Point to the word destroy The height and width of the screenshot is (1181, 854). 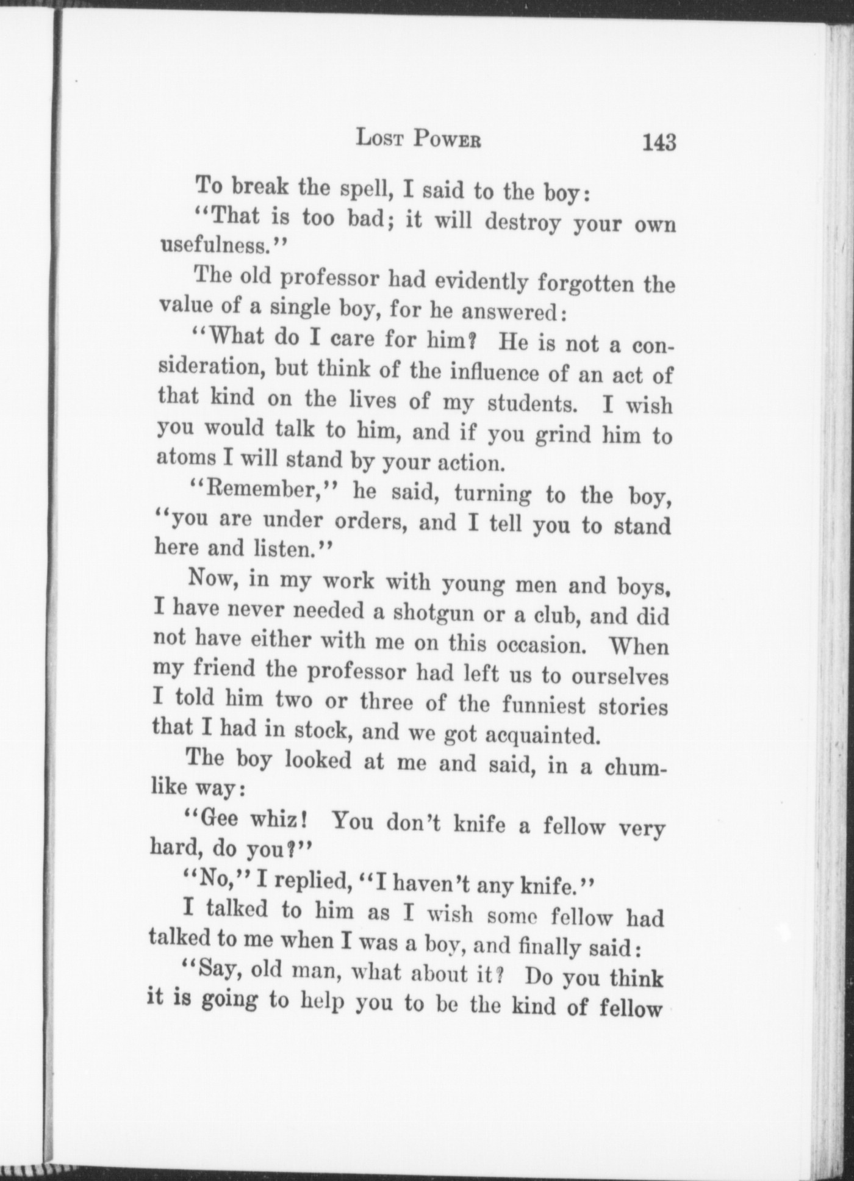tap(522, 223)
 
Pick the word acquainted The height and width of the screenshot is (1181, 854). tap(541, 736)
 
